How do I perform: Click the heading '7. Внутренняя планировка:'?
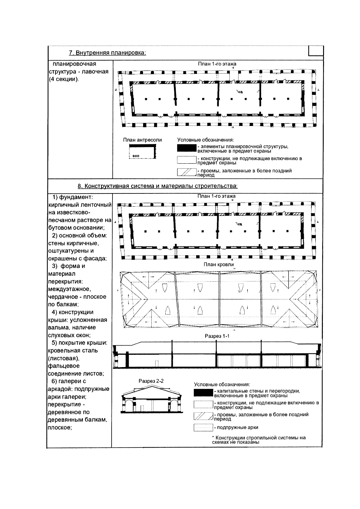pyautogui.click(x=107, y=53)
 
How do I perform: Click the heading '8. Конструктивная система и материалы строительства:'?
pyautogui.click(x=157, y=186)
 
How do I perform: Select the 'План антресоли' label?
pyautogui.click(x=142, y=140)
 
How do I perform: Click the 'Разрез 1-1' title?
pyautogui.click(x=217, y=336)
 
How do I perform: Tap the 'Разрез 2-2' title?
pyautogui.click(x=151, y=381)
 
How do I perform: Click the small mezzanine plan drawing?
pyautogui.click(x=143, y=151)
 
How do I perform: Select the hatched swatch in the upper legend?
pyautogui.click(x=187, y=172)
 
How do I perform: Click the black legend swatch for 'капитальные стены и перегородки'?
pyautogui.click(x=203, y=393)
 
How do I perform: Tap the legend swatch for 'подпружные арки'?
pyautogui.click(x=203, y=427)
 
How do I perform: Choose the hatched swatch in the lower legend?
pyautogui.click(x=203, y=416)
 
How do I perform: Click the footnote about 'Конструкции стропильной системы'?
pyautogui.click(x=259, y=440)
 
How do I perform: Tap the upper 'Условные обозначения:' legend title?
pyautogui.click(x=205, y=140)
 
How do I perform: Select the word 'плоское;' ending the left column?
pyautogui.click(x=60, y=427)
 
